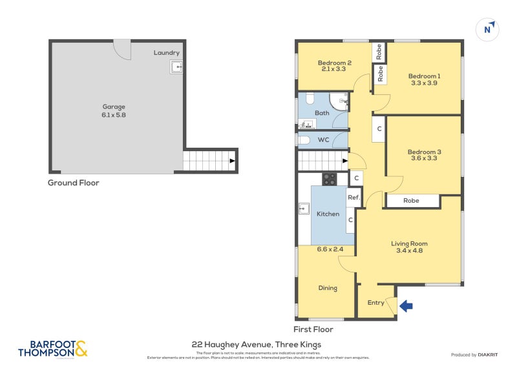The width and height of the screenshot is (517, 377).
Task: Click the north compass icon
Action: point(489,28)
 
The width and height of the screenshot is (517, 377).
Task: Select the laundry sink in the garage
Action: point(176,66)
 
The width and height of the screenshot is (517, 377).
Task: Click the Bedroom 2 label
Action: point(334,63)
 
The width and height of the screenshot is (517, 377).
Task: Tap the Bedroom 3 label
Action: point(424,152)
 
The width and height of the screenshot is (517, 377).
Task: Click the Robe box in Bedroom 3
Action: point(411,201)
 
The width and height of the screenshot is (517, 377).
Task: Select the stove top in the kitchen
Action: point(329,179)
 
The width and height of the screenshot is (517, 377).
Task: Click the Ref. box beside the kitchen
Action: point(353,198)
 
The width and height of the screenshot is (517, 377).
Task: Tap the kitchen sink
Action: point(304,209)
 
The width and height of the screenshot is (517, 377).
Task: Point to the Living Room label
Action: point(409,243)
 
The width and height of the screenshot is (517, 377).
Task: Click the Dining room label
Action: point(328,288)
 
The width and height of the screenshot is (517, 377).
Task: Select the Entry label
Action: point(375,302)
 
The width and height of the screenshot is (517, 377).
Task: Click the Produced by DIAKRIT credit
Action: point(476,355)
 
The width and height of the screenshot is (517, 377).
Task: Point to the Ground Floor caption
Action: point(73,183)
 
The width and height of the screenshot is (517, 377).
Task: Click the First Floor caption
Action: point(313,329)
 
